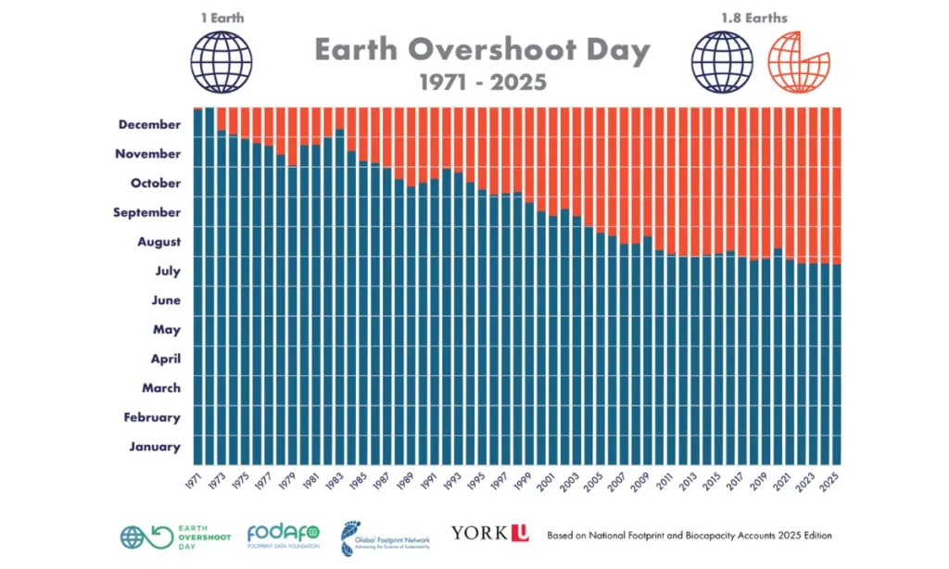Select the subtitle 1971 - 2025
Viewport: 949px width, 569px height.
pyautogui.click(x=482, y=82)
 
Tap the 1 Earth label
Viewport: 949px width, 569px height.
pyautogui.click(x=221, y=18)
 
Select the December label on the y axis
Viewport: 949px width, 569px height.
pyautogui.click(x=149, y=124)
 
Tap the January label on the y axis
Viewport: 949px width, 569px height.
pyautogui.click(x=155, y=447)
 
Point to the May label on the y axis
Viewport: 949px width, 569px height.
pyautogui.click(x=166, y=329)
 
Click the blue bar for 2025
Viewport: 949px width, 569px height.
pyautogui.click(x=837, y=371)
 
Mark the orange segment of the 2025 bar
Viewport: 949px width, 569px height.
pyautogui.click(x=837, y=185)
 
